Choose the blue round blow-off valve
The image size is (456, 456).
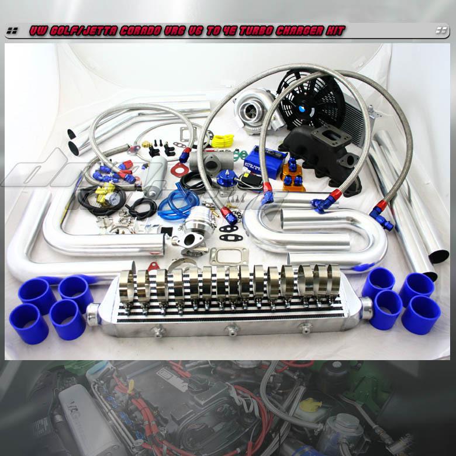pyautogui.click(x=224, y=178)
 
